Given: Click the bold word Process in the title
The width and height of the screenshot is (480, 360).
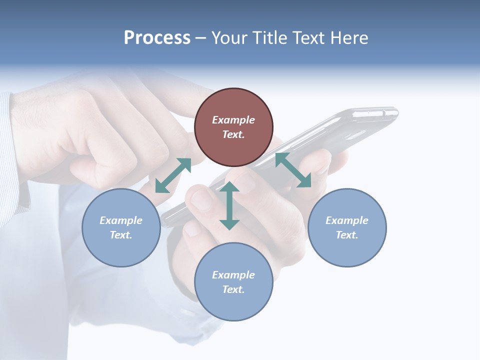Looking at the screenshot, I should [x=157, y=38].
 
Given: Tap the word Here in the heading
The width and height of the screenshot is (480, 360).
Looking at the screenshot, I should [x=348, y=38].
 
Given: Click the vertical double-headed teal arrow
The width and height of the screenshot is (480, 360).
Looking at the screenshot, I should [x=229, y=206].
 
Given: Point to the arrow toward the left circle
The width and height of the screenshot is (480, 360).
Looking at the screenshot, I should [x=173, y=175].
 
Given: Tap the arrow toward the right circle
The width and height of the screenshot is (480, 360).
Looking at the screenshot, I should [x=293, y=170].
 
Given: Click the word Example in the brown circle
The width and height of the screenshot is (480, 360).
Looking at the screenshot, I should [x=233, y=120].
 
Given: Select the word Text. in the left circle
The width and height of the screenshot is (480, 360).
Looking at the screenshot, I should [x=121, y=235].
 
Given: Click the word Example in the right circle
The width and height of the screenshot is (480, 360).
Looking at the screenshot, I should [x=347, y=220].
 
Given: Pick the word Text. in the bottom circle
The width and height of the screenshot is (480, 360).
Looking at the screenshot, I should [x=233, y=289].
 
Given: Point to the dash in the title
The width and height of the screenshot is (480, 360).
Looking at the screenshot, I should [x=201, y=38].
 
